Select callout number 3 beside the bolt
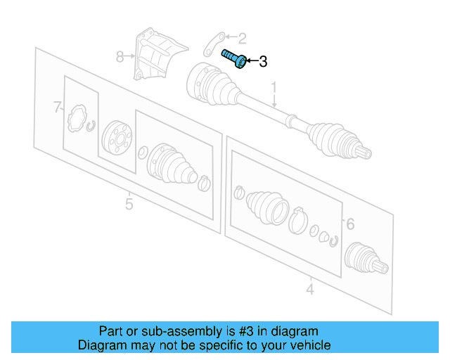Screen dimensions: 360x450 coord(263,62)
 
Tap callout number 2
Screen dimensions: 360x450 coord(242,38)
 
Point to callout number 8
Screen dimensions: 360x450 coord(120,56)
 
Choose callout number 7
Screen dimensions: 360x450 coord(58,107)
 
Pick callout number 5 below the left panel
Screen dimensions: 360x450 coord(129,204)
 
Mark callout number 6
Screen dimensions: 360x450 coord(349,224)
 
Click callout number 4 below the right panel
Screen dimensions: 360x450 coord(309,288)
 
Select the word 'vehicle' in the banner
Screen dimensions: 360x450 coord(309,345)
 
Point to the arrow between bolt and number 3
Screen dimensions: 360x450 coord(250,62)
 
